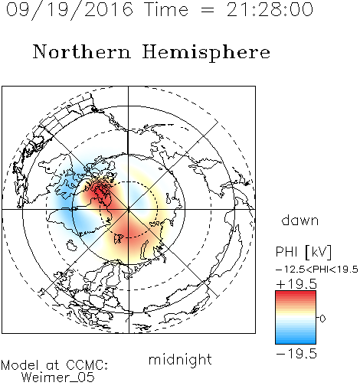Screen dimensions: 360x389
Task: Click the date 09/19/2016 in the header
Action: (x=70, y=9)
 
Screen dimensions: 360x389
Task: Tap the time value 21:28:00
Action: (x=270, y=9)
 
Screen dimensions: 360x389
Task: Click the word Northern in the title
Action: (x=82, y=52)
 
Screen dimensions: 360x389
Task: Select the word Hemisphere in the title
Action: (x=206, y=53)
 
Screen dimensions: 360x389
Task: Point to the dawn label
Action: (x=300, y=221)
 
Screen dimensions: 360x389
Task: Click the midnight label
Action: (x=180, y=360)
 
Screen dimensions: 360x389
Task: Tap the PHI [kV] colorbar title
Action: (x=303, y=252)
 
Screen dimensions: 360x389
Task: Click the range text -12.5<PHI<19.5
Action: (x=317, y=270)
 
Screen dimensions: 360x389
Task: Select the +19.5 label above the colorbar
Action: (x=296, y=284)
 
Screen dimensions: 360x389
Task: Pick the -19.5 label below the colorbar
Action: (x=296, y=354)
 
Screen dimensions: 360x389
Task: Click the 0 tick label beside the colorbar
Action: (x=322, y=319)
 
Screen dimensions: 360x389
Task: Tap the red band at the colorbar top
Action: (x=296, y=294)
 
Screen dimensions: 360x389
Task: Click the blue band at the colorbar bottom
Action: (x=296, y=340)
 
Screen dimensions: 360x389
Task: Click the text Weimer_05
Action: (x=58, y=378)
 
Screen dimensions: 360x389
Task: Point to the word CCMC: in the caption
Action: (x=87, y=365)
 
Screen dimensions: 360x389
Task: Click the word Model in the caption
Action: (x=20, y=365)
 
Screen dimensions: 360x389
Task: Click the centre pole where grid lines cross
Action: (x=129, y=210)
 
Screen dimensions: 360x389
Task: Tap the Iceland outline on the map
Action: (x=72, y=246)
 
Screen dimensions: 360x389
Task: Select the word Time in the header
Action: (x=166, y=9)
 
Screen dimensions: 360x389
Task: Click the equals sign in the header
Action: (x=208, y=10)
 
